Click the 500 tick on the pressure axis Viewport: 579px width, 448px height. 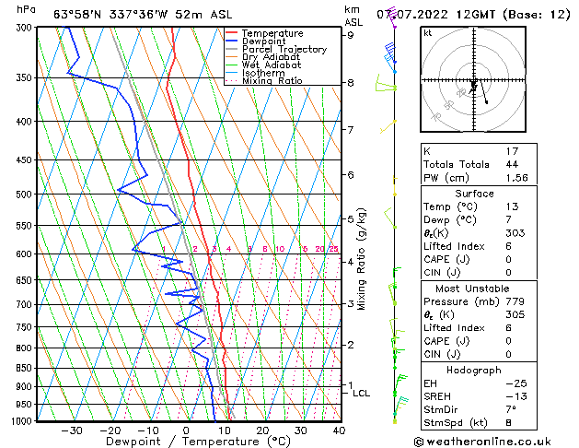point(25,195)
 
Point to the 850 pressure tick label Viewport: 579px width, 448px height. point(25,368)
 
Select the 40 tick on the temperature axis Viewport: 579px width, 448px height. point(339,430)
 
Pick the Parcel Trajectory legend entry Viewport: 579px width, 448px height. point(284,50)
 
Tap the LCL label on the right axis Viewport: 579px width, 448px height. point(362,394)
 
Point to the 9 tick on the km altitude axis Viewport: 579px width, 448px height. point(351,35)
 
